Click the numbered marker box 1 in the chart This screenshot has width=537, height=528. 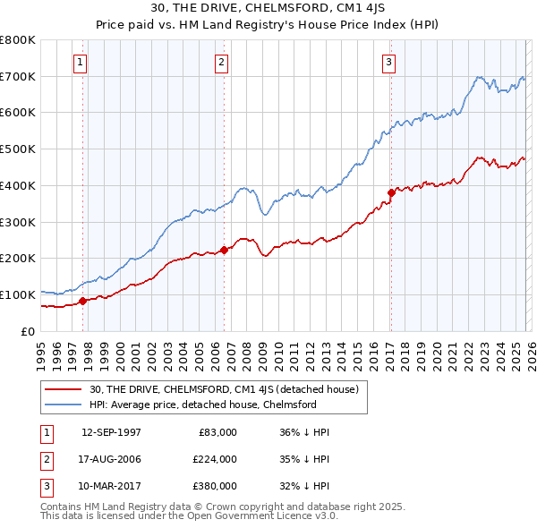click(81, 63)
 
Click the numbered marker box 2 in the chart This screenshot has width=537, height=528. click(221, 63)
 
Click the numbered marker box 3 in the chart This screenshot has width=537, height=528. click(389, 63)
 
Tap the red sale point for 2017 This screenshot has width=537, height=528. click(391, 192)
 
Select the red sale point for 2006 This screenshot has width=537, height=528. click(224, 250)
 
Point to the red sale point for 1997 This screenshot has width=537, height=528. click(83, 301)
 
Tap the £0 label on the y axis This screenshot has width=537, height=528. click(28, 331)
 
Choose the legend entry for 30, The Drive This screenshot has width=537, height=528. click(224, 389)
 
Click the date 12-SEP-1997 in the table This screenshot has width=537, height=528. click(111, 432)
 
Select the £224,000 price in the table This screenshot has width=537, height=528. click(214, 459)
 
